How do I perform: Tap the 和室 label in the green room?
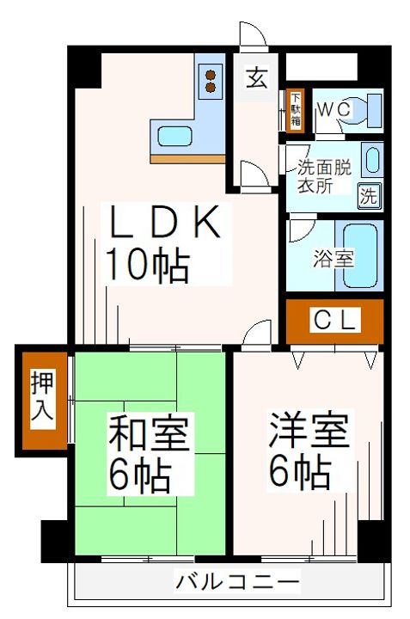pos(148,434)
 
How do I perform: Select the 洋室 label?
pos(309,431)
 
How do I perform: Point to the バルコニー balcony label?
pos(237,582)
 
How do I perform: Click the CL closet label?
pos(334,320)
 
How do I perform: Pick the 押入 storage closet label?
pos(42,399)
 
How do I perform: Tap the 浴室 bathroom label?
pos(334,259)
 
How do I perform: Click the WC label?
pos(334,109)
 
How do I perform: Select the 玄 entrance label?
pos(256,78)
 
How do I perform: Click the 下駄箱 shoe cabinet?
pos(295,111)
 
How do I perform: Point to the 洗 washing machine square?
pos(370,196)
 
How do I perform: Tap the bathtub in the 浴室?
pos(360,256)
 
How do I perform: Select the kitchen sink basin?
pos(174,136)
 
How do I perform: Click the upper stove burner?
pos(211,75)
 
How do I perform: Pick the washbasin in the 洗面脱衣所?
pos(371,160)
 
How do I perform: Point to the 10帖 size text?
pos(147,265)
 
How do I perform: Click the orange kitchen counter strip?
pos(187,159)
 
